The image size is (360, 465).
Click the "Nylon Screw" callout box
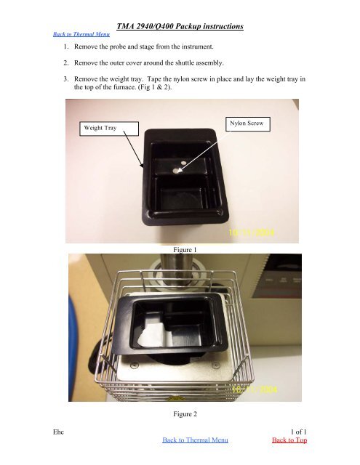249,124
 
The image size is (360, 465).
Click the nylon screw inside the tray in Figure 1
178,171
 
